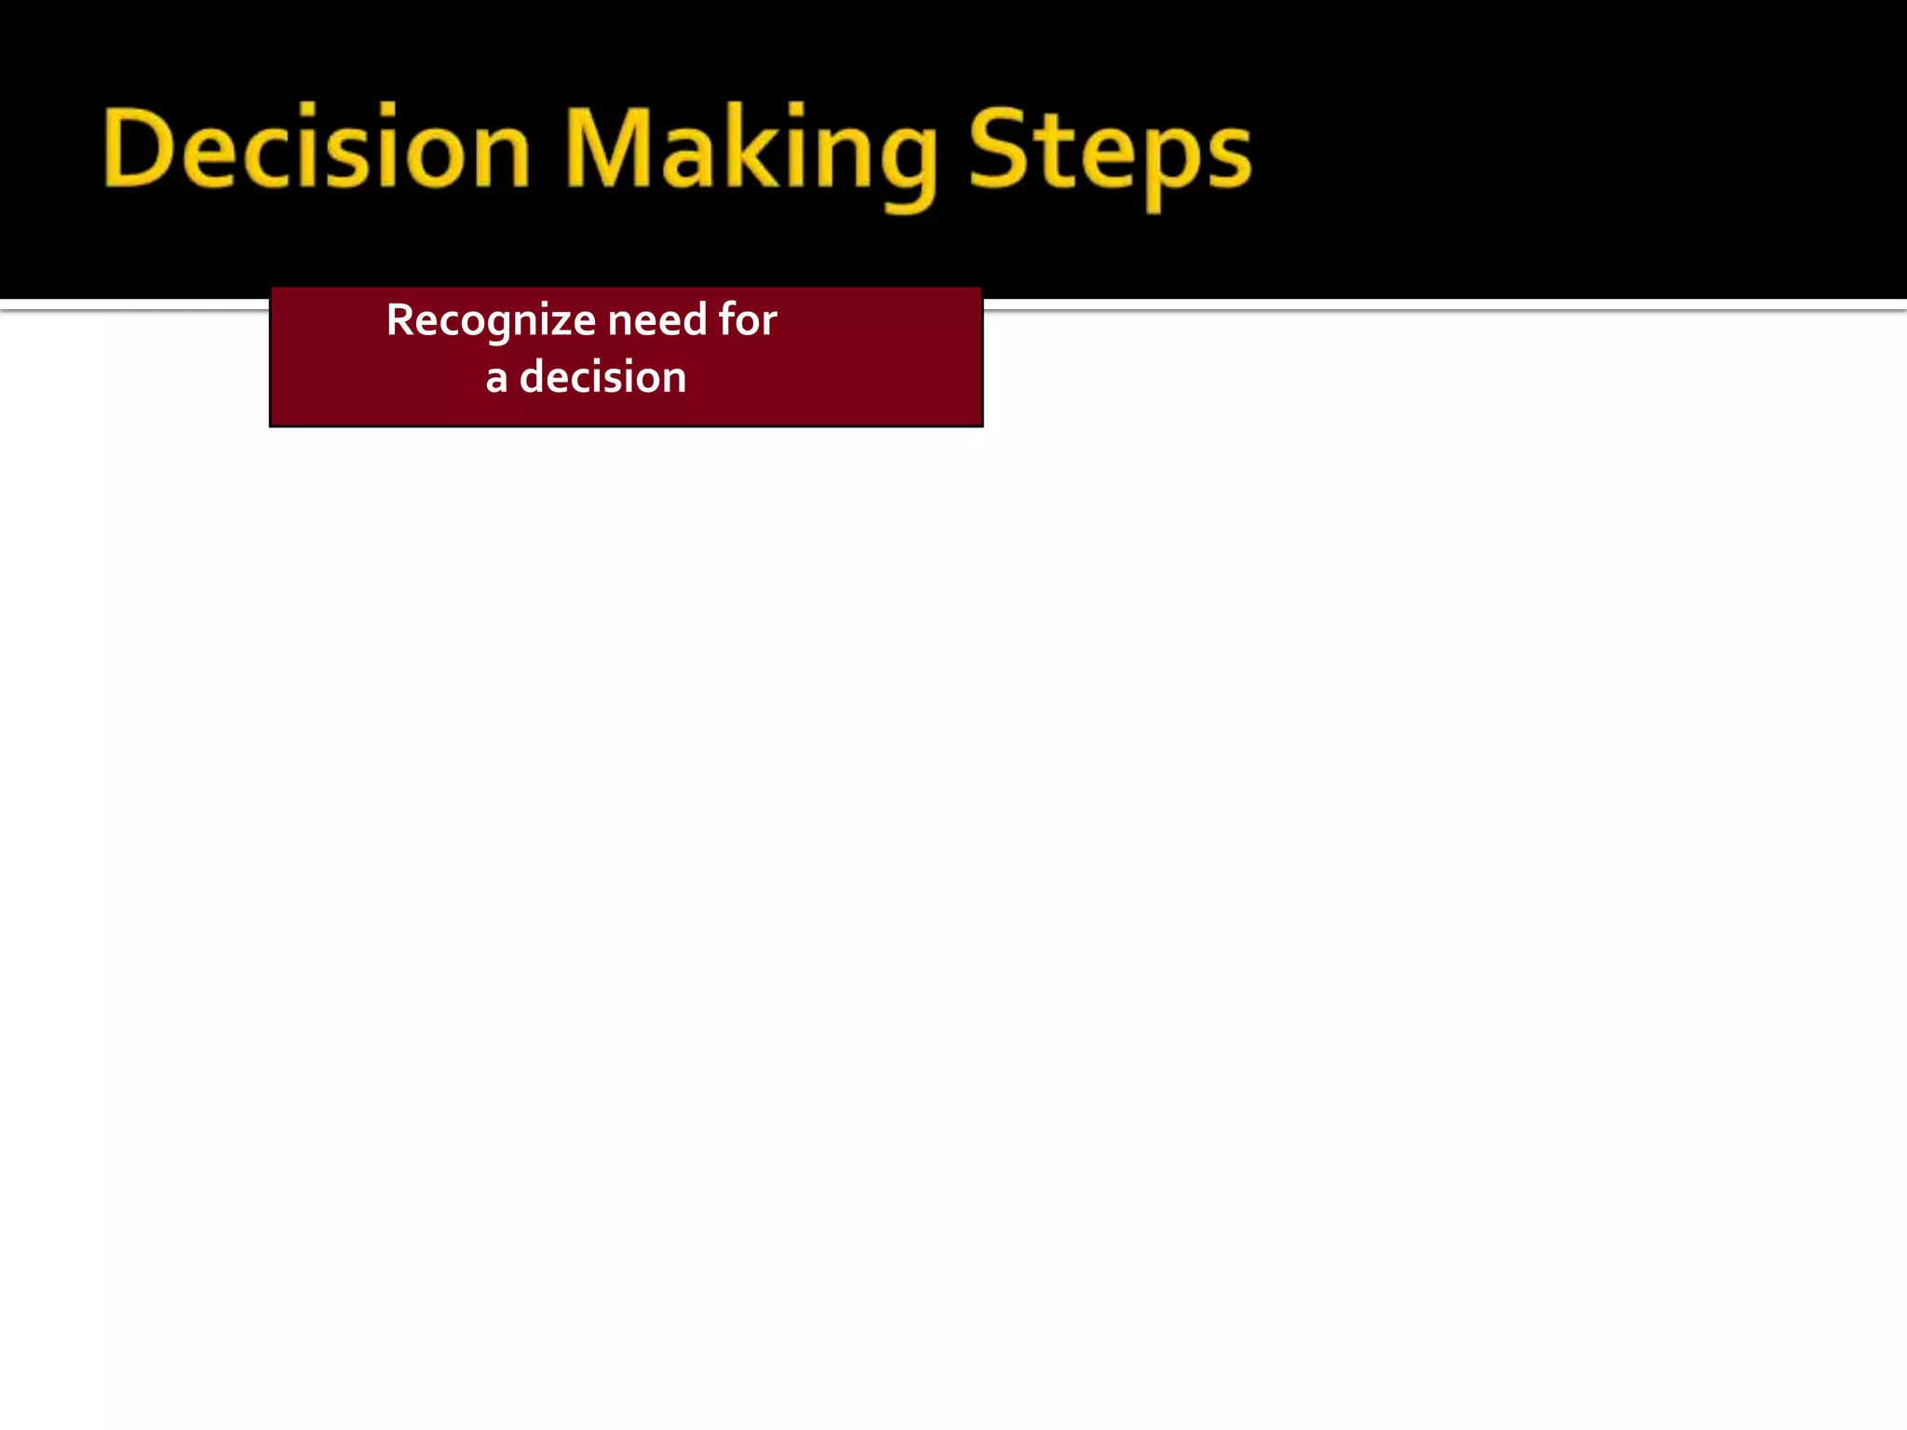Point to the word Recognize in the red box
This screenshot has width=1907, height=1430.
coord(491,321)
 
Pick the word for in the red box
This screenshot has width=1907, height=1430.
coord(748,319)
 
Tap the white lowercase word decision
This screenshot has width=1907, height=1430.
coord(602,377)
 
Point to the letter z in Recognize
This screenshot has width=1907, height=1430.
coord(561,324)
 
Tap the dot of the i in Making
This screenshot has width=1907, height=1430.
coord(794,110)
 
